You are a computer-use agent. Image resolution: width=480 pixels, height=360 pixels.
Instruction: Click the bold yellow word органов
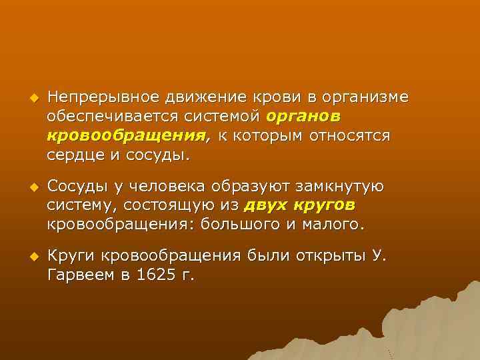tap(304, 117)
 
